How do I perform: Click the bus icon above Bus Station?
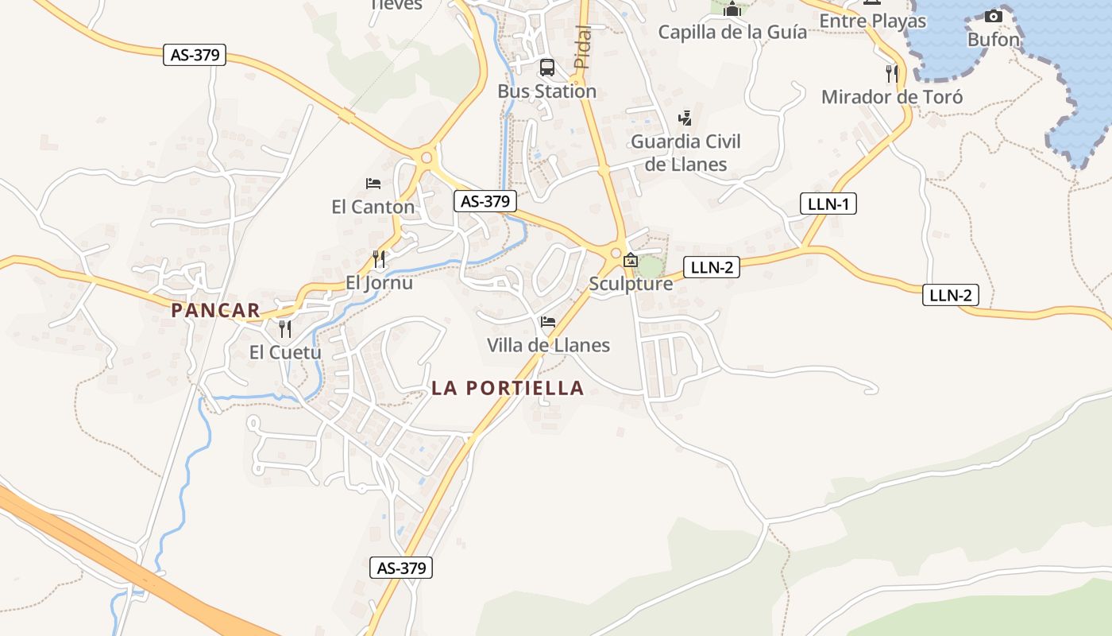click(547, 68)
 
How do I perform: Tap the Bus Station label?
click(546, 91)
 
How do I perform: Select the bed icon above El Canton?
click(373, 184)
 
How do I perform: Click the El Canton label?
click(373, 207)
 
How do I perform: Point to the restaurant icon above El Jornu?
click(379, 259)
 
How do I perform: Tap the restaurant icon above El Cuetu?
click(285, 329)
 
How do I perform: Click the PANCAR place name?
click(215, 311)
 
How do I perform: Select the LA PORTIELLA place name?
click(508, 388)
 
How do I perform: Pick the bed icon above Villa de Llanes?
click(547, 322)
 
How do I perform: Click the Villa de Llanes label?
click(548, 345)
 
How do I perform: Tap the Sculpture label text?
click(631, 284)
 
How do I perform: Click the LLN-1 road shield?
click(828, 204)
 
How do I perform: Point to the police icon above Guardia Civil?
click(685, 118)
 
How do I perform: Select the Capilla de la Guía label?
click(732, 33)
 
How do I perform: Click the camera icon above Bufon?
click(993, 16)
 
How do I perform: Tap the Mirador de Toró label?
click(891, 97)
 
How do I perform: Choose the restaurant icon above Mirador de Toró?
click(892, 74)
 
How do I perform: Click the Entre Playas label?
click(872, 21)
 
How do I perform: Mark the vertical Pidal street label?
click(582, 46)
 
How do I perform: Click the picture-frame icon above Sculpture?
click(631, 260)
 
